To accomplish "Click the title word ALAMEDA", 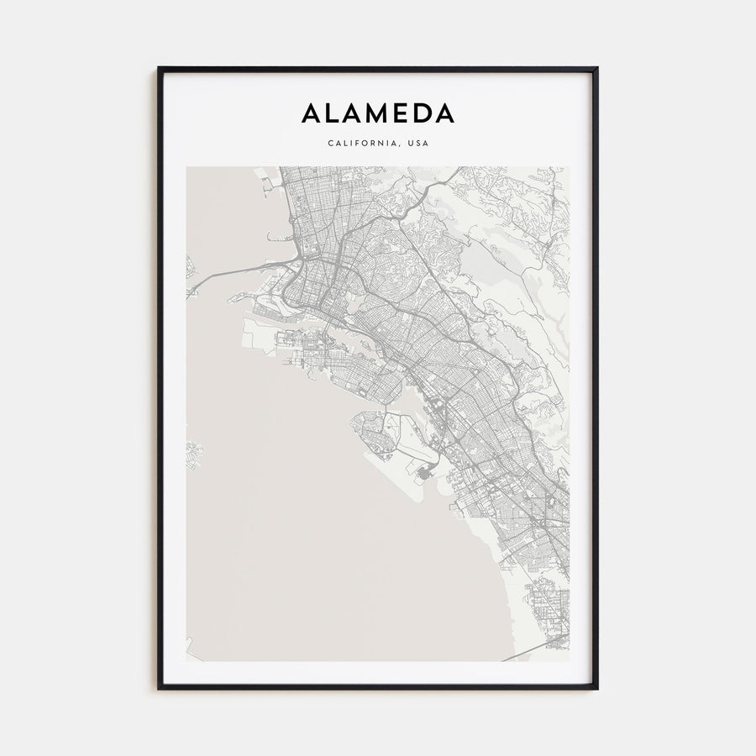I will point(377,113).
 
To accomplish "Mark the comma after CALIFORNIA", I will point(401,145).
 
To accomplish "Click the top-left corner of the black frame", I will point(158,69).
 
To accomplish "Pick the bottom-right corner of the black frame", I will point(596,688).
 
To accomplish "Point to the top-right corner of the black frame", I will point(596,69).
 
